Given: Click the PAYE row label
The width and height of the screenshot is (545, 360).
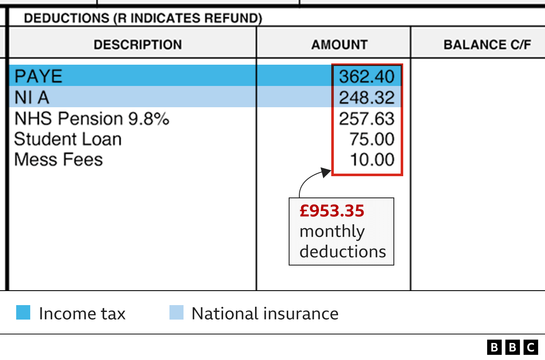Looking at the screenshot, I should (38, 77).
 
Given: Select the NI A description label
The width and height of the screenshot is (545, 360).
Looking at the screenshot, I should (32, 98).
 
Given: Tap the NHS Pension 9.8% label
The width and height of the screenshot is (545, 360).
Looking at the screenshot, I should (92, 119).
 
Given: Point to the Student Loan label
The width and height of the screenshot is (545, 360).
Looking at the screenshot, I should (68, 139).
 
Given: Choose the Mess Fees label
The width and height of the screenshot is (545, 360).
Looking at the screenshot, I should (58, 160).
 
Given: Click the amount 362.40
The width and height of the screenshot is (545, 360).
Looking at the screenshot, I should (367, 77).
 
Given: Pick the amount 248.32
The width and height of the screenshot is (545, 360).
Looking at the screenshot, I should (367, 98).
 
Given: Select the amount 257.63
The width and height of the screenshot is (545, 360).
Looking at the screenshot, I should (367, 119).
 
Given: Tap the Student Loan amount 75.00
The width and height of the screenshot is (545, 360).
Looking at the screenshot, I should (372, 139).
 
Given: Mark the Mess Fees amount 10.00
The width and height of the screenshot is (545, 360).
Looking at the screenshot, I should (372, 160).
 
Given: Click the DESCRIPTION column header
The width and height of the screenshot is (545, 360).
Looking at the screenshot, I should (138, 45).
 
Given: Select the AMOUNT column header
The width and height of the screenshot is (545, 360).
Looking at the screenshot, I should (339, 45).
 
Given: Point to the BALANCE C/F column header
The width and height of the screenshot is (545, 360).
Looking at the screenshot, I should (487, 45).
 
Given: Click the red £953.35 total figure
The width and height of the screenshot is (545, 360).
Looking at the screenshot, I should (332, 211).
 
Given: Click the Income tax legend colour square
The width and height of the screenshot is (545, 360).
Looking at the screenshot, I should (23, 312).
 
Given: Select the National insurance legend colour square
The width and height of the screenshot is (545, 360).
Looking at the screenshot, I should (176, 312).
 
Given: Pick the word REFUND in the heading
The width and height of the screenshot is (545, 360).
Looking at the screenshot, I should (237, 18).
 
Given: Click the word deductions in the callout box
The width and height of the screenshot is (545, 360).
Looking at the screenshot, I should (343, 251).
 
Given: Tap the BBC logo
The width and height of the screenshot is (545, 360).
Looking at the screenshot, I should (512, 347).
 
